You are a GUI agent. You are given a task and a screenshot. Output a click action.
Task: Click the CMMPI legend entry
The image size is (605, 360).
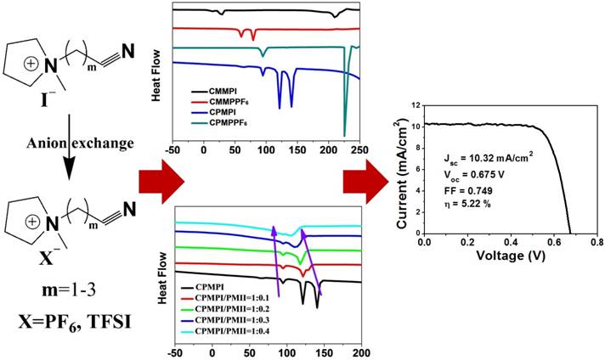tap(225, 88)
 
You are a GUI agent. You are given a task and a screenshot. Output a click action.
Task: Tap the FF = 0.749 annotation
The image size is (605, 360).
tap(471, 192)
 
